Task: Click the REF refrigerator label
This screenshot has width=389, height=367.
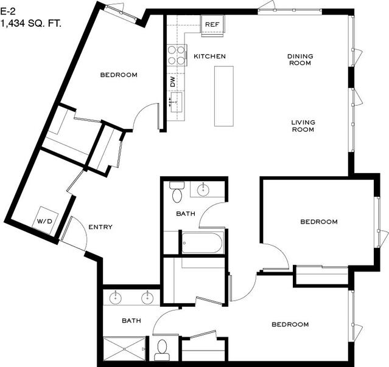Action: click(212, 24)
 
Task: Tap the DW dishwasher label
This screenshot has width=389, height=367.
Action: click(173, 81)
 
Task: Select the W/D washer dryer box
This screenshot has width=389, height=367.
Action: click(45, 221)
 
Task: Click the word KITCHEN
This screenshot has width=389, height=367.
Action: click(209, 57)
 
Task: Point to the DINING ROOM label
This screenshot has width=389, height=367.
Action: click(300, 60)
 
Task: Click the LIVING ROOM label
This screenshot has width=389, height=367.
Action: click(303, 126)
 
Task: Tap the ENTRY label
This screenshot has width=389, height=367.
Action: click(100, 227)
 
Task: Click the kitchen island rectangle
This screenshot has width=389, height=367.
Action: click(224, 96)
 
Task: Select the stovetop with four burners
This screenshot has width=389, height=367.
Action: click(177, 55)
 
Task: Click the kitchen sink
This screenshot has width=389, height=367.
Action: click(177, 102)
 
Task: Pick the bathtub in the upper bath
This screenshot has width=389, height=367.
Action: click(202, 242)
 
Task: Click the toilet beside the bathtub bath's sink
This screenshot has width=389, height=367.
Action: click(177, 192)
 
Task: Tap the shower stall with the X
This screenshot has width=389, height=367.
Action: click(124, 349)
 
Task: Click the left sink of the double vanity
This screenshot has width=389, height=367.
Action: click(116, 297)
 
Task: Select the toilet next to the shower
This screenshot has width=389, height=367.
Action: click(163, 350)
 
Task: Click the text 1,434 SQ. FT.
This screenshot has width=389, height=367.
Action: click(31, 24)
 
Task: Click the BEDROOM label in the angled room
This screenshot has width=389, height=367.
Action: click(119, 75)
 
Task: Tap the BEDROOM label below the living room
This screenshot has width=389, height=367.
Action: click(319, 221)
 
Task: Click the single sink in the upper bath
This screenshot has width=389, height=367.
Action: click(203, 190)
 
